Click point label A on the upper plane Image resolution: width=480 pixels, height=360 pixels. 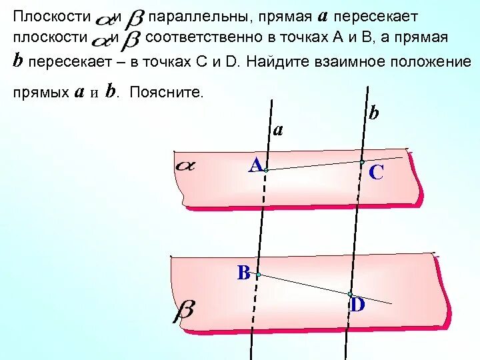click(255, 165)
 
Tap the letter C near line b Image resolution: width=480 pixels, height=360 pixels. click(375, 173)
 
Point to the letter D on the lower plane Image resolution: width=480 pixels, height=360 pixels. click(358, 305)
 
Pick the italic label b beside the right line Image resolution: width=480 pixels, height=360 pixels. click(373, 113)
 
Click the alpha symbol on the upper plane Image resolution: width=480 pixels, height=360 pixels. click(184, 165)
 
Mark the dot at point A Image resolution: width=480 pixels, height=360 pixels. click(265, 171)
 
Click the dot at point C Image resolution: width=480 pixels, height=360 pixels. click(362, 162)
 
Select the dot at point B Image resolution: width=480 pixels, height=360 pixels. click(258, 274)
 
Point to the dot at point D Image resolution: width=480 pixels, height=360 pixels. click(350, 293)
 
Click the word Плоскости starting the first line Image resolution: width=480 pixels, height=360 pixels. click(50, 15)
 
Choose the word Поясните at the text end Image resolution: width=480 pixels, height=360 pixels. click(167, 93)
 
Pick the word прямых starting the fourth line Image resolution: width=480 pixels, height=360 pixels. click(39, 93)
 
